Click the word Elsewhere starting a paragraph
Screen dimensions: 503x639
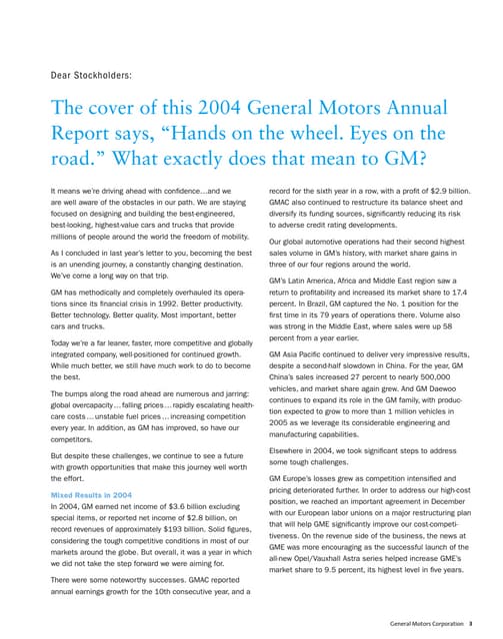coord(291,449)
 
